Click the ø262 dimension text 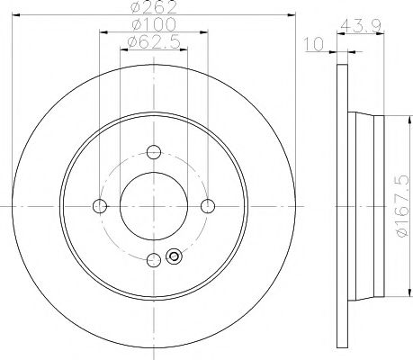(x=151, y=8)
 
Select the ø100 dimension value (x=151, y=25)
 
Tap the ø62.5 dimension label (x=151, y=42)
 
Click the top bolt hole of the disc (x=154, y=152)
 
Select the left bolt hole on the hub (x=101, y=206)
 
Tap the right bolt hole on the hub (x=208, y=206)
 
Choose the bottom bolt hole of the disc (x=154, y=260)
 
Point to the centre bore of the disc (x=154, y=206)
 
